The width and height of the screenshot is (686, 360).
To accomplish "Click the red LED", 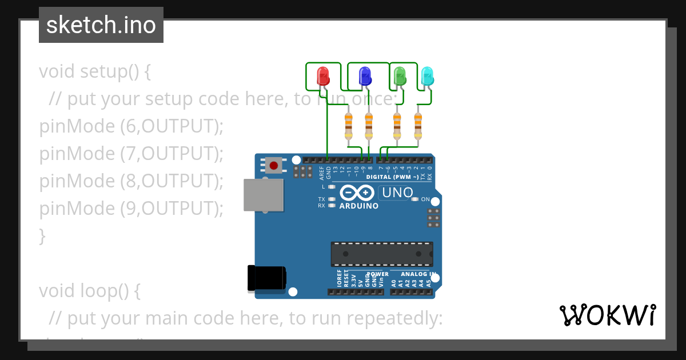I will pyautogui.click(x=323, y=76).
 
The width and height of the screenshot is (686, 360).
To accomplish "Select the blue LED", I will pyautogui.click(x=364, y=76).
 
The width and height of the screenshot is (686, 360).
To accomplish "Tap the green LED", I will pyautogui.click(x=400, y=76).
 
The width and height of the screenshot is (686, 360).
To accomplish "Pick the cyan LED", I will pyautogui.click(x=427, y=76).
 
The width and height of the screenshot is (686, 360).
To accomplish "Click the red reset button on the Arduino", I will pyautogui.click(x=274, y=166).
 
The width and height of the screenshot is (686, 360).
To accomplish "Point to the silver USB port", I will pyautogui.click(x=264, y=195).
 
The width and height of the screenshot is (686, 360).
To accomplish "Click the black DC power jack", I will pyautogui.click(x=266, y=278).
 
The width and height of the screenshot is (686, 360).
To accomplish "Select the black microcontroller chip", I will pyautogui.click(x=381, y=254).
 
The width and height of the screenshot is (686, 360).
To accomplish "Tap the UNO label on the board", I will pyautogui.click(x=397, y=193).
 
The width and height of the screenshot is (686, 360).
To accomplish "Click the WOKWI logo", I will pyautogui.click(x=607, y=315).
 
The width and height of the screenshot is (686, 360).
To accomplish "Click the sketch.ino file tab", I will pyautogui.click(x=101, y=25).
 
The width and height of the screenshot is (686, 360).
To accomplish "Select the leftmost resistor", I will pyautogui.click(x=349, y=125).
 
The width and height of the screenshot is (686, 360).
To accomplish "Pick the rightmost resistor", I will pyautogui.click(x=418, y=125).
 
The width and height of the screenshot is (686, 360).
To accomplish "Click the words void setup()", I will pyautogui.click(x=95, y=72).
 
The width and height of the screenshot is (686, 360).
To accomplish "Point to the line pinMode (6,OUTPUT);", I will pyautogui.click(x=131, y=126).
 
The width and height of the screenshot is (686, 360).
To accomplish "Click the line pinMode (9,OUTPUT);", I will pyautogui.click(x=131, y=209).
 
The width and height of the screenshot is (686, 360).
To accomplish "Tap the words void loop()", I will pyautogui.click(x=89, y=291).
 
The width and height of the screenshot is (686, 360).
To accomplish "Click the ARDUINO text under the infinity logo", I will pyautogui.click(x=358, y=206).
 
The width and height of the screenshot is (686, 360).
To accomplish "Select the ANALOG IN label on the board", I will pyautogui.click(x=417, y=274).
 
